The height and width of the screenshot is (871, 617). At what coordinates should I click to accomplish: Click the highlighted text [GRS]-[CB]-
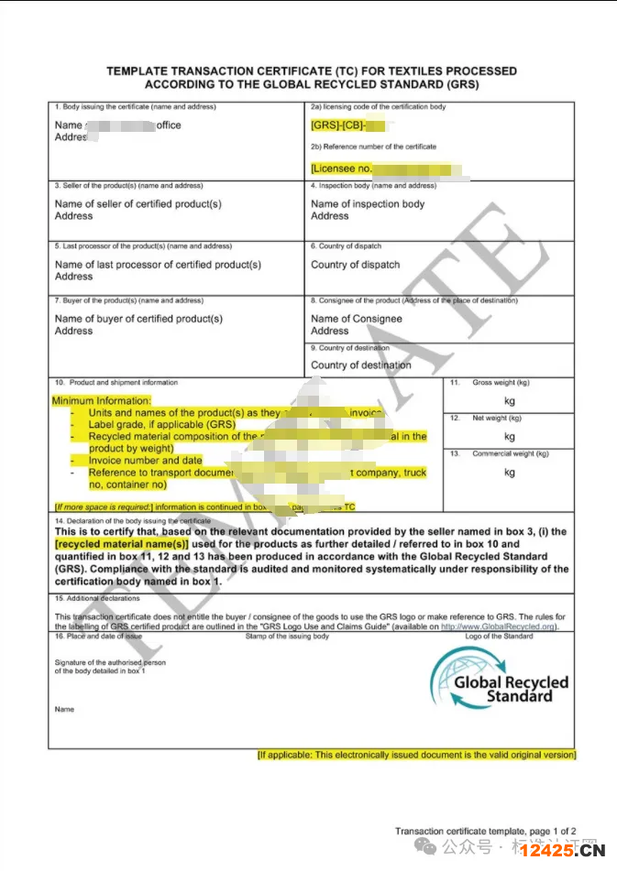338,125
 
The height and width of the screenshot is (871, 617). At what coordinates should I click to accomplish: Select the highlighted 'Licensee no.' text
341,169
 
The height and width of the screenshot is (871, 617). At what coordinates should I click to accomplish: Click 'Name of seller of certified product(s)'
138,204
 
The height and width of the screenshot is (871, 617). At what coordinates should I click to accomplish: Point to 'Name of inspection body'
368,204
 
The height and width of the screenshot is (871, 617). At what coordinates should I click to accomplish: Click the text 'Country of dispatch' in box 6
355,265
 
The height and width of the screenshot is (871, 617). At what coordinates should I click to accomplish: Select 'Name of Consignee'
356,319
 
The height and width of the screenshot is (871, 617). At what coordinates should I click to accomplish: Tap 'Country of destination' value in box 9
360,365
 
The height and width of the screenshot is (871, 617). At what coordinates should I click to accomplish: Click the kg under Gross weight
510,401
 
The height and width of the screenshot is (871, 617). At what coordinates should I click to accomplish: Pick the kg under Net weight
510,437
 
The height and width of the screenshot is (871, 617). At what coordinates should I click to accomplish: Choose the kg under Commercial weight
510,473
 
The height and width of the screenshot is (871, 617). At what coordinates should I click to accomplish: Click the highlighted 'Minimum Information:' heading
102,401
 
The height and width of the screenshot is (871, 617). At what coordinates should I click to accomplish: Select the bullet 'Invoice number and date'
146,461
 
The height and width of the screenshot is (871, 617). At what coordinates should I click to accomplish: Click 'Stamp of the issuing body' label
287,637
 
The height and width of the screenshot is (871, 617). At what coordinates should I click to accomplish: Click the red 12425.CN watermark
570,851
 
